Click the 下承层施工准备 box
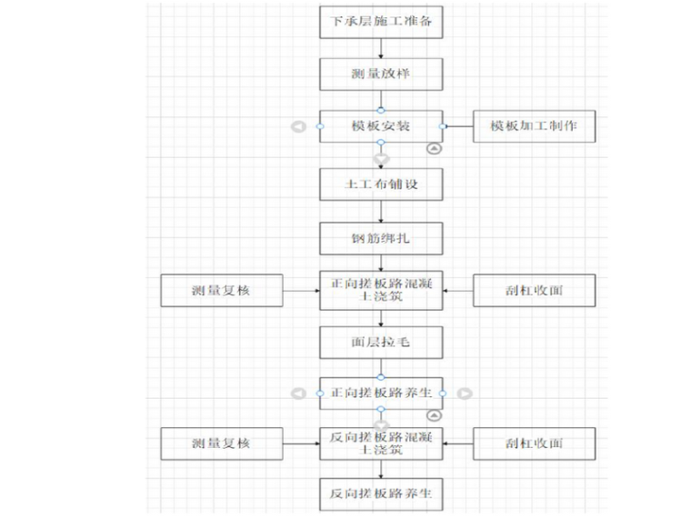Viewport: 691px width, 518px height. [381, 22]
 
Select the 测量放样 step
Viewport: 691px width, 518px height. [381, 74]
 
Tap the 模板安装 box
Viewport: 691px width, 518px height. [381, 125]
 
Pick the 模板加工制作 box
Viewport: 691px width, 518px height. [535, 125]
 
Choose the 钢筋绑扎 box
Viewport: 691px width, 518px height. [381, 238]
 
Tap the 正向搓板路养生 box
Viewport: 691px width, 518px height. [381, 393]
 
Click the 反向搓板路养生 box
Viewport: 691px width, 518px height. [381, 495]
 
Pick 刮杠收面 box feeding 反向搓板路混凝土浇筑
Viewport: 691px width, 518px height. [535, 443]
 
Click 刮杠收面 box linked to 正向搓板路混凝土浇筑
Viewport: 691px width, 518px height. [535, 291]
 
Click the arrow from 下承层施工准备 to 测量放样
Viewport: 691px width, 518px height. [381, 48]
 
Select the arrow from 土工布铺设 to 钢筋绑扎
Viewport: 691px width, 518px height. [381, 211]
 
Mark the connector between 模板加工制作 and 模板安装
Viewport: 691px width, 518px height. [458, 125]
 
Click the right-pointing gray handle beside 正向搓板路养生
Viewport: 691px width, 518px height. [465, 393]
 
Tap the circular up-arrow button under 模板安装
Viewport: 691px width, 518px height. [435, 147]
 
